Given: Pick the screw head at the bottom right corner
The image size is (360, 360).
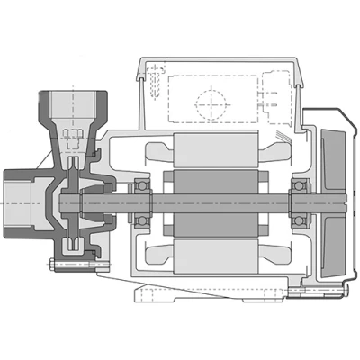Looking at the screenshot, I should click(x=346, y=290).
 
